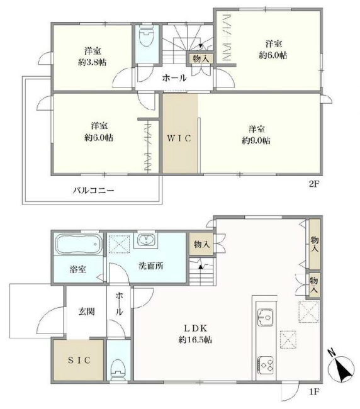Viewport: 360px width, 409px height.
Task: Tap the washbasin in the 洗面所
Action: coord(147,240)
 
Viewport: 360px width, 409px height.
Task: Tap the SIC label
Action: coord(79,360)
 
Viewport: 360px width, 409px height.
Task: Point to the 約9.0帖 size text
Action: coord(256,141)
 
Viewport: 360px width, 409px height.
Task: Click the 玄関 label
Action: coord(86,311)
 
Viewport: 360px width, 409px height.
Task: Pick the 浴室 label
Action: coord(78,269)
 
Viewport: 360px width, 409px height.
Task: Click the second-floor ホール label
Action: coord(174,79)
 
